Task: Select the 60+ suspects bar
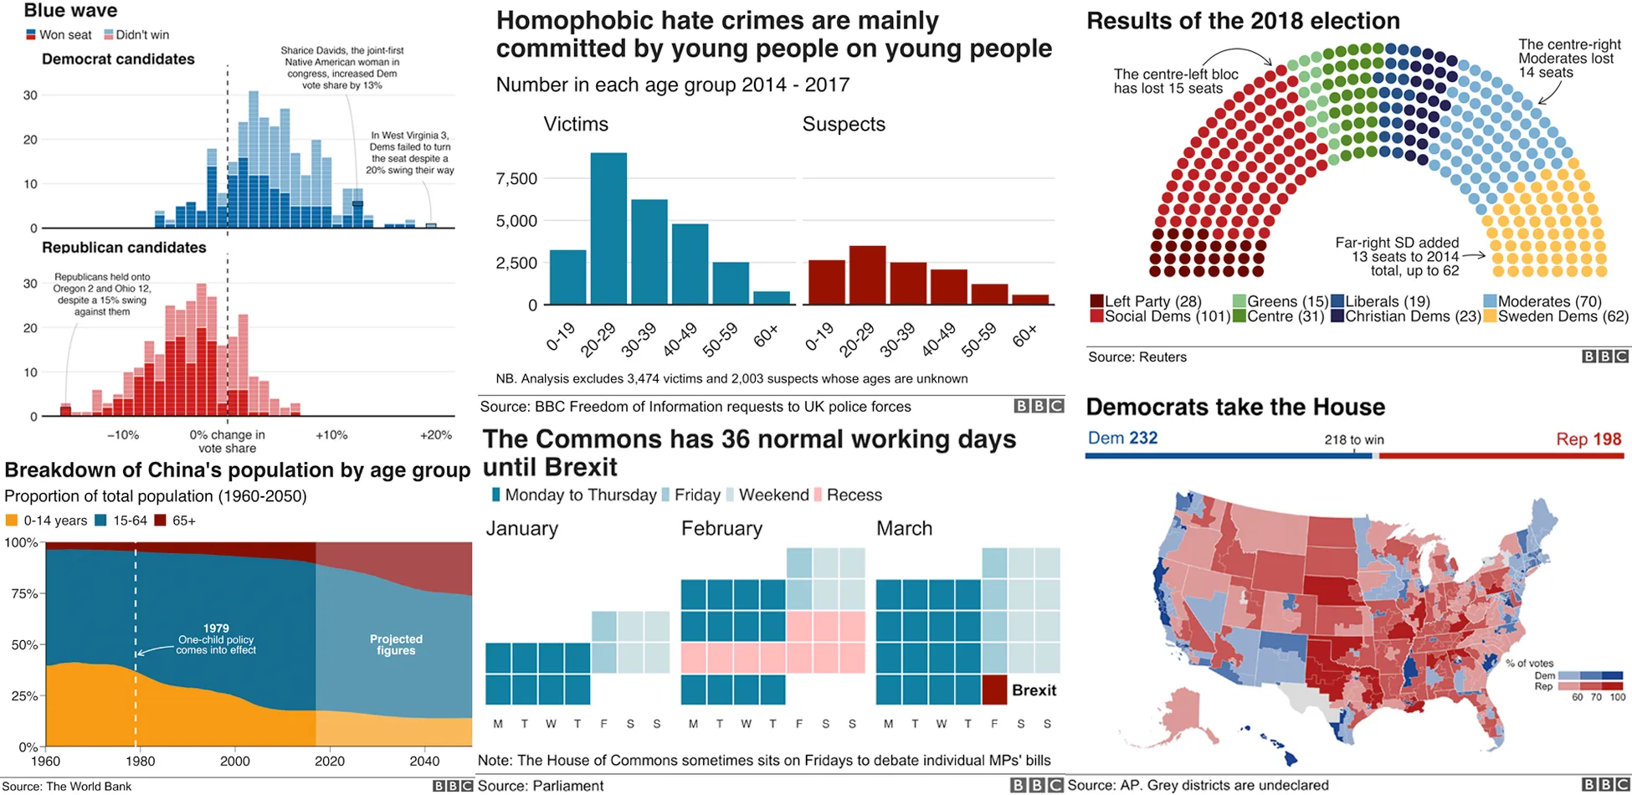(x=1029, y=299)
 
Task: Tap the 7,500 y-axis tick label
(x=516, y=178)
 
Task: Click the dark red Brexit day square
(x=994, y=690)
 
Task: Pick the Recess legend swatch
(x=818, y=495)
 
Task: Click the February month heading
(x=721, y=529)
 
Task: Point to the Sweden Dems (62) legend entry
(x=1562, y=316)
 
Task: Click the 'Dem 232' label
(x=1122, y=439)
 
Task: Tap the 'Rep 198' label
(x=1588, y=439)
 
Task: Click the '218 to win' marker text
(x=1353, y=439)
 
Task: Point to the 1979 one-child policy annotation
(x=216, y=639)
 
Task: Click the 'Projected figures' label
(x=396, y=644)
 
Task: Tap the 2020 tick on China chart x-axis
(x=330, y=761)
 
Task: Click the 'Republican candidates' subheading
(x=124, y=248)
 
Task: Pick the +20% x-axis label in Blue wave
(x=436, y=435)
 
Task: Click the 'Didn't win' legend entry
(x=141, y=35)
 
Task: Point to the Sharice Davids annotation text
(x=341, y=68)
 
